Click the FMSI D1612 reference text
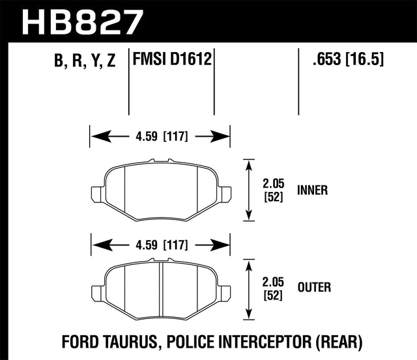172,61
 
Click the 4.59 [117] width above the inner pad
160,137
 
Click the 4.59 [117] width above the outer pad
160,245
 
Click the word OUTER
313,286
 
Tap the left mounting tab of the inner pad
96,193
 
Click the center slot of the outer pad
160,290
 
